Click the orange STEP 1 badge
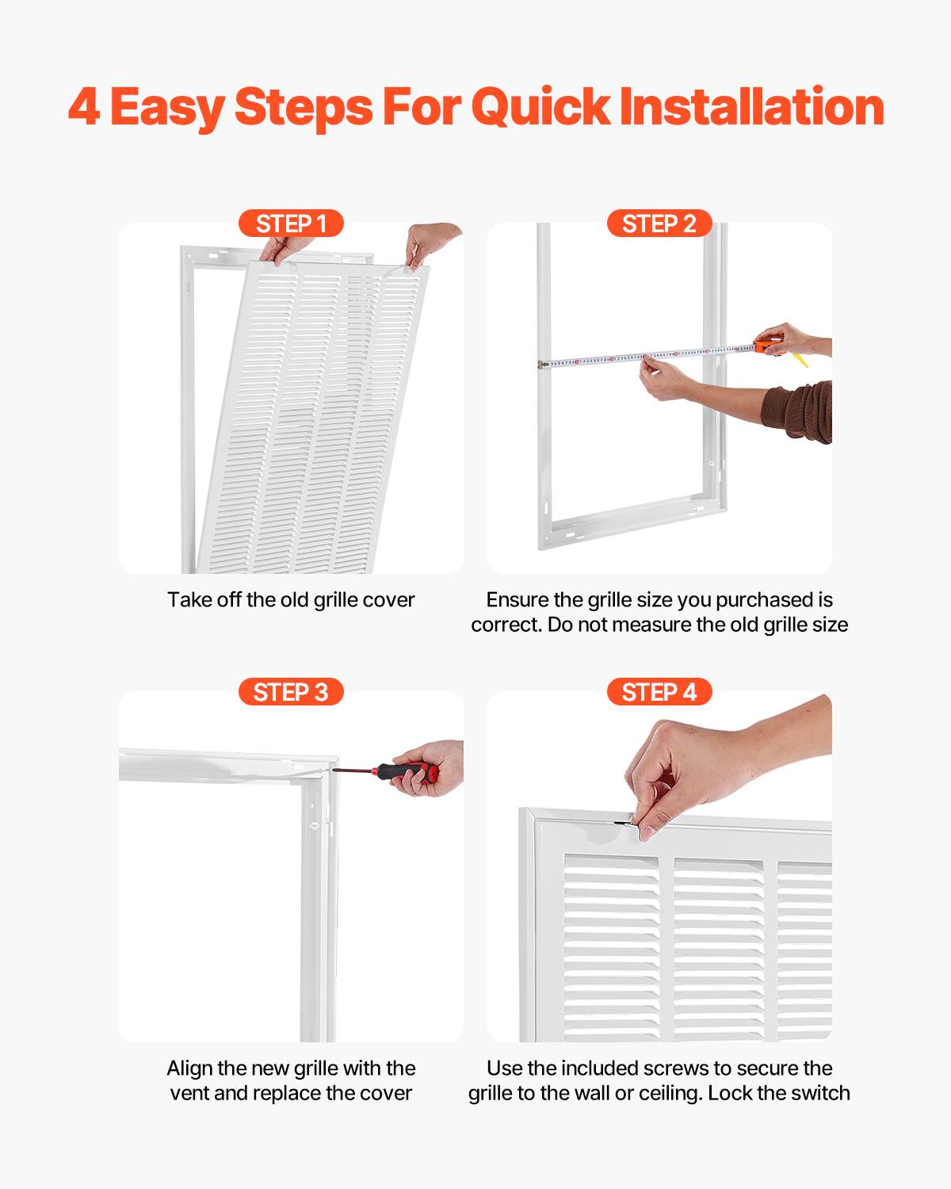point(291,224)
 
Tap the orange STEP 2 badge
point(659,224)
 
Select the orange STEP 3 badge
point(291,692)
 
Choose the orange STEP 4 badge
point(659,692)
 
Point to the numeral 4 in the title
point(84,107)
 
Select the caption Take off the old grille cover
point(291,600)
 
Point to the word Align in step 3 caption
point(189,1069)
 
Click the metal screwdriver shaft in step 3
point(353,770)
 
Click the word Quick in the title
point(540,107)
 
